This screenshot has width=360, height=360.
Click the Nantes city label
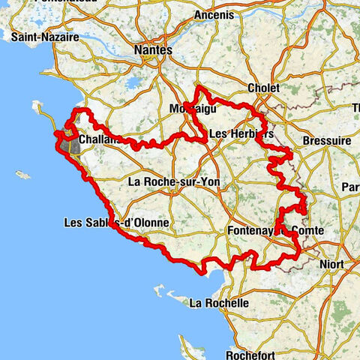[x=153, y=50]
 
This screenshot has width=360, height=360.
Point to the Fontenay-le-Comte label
[x=274, y=231]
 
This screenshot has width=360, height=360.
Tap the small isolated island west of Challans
[x=22, y=175]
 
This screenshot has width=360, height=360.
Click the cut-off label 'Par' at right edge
[x=350, y=187]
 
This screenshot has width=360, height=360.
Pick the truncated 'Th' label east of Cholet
[x=354, y=107]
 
